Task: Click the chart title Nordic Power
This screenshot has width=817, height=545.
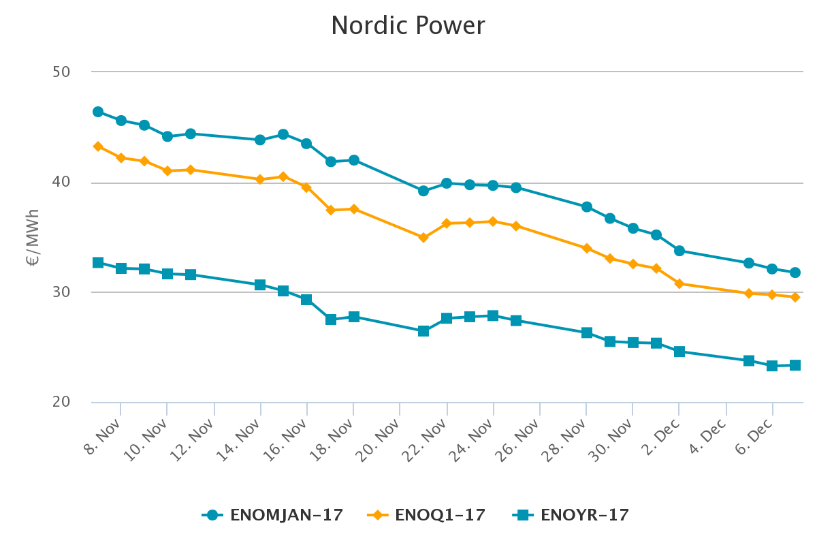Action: (x=408, y=27)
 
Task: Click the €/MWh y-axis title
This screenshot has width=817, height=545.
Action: (x=33, y=237)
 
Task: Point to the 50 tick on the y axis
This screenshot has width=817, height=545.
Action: (x=62, y=72)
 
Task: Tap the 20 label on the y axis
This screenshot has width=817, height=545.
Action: (x=62, y=402)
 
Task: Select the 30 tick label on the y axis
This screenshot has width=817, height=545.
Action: (x=62, y=292)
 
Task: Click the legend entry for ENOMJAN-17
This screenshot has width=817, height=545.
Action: (x=272, y=515)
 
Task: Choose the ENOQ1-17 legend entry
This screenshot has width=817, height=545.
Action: (x=427, y=515)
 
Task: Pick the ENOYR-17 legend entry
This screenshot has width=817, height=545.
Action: (x=571, y=515)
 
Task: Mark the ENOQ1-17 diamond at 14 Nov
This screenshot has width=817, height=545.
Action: (x=260, y=179)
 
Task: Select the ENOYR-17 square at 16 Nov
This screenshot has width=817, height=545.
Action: (x=306, y=300)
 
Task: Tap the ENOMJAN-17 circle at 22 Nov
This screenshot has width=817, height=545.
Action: (x=447, y=183)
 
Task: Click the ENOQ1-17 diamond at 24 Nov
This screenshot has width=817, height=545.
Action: (x=493, y=221)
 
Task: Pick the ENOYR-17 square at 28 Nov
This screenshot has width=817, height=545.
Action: (x=587, y=332)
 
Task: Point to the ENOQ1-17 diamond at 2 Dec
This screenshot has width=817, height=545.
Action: (x=679, y=283)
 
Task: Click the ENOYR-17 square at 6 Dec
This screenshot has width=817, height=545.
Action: (x=772, y=366)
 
